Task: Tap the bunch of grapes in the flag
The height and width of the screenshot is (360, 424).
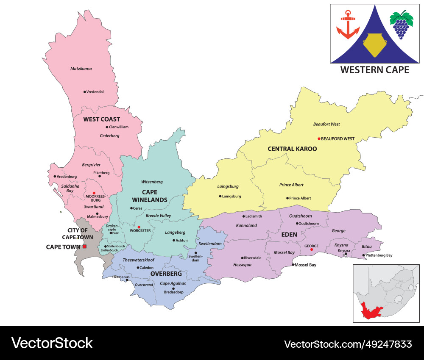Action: (x=401, y=25)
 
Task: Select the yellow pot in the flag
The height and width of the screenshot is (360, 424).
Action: (x=374, y=45)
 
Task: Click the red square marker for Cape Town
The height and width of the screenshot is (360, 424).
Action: (x=84, y=246)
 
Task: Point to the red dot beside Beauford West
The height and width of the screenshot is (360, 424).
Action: (x=319, y=138)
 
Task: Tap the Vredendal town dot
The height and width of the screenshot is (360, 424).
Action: (x=85, y=91)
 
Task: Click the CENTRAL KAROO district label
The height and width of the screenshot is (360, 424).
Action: (x=292, y=149)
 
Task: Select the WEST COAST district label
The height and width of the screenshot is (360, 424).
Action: (x=101, y=119)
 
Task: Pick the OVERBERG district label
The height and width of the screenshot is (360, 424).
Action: (x=166, y=274)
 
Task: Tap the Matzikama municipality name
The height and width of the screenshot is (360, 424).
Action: (x=81, y=69)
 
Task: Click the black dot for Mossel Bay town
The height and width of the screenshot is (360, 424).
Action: (x=293, y=265)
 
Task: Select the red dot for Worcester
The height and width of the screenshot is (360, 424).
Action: (x=139, y=227)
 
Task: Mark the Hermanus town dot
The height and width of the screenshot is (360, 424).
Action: (x=127, y=280)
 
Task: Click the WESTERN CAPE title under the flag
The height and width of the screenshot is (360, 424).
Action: (x=375, y=70)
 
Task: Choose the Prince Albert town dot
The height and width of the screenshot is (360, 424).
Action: (x=287, y=198)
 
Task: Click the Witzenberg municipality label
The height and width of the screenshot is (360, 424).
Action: (x=152, y=182)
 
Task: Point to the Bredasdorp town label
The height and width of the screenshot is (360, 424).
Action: (x=173, y=293)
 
